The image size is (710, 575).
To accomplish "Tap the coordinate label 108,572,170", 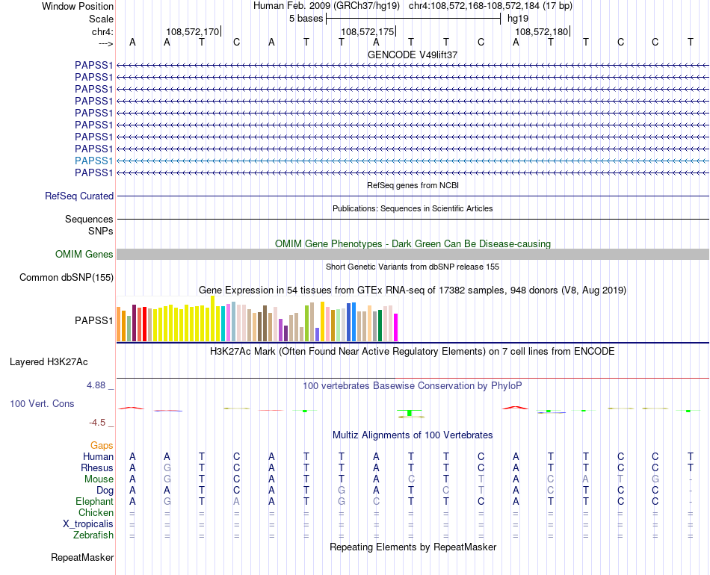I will click(x=193, y=31).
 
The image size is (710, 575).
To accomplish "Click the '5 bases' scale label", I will click(x=306, y=18).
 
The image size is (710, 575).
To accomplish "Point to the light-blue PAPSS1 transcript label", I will click(x=93, y=161).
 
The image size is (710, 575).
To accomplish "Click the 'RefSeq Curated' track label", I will click(x=79, y=196).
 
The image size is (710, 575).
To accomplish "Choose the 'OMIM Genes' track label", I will click(x=84, y=255).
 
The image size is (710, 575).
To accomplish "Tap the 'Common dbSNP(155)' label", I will click(x=66, y=278).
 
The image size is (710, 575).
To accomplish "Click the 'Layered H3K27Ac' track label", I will click(x=49, y=362).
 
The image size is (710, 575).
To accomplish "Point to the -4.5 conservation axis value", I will click(x=98, y=422).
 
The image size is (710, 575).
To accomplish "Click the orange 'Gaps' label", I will click(x=102, y=445).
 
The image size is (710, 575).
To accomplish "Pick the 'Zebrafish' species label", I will click(x=93, y=535).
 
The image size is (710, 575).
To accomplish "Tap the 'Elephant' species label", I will click(x=94, y=501).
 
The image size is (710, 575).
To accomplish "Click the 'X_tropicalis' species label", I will click(x=88, y=523).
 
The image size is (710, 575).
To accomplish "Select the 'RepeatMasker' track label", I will click(x=82, y=557).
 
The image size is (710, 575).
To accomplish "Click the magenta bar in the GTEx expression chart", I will click(x=396, y=327).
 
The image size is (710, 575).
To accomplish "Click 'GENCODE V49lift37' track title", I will click(x=413, y=55).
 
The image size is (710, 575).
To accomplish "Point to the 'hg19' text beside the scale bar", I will click(x=518, y=18).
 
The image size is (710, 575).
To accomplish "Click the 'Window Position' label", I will click(x=78, y=6).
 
